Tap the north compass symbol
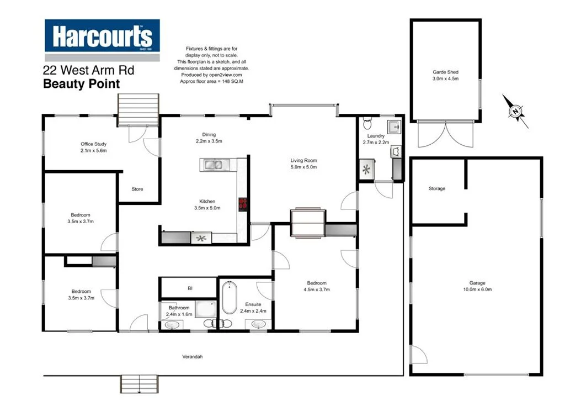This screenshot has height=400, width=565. pyautogui.click(x=515, y=112)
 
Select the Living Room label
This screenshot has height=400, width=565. pyautogui.click(x=303, y=161)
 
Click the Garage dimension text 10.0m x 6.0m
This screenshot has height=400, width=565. pyautogui.click(x=477, y=289)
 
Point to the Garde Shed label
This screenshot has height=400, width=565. pyautogui.click(x=445, y=72)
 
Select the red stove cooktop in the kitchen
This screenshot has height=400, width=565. pyautogui.click(x=242, y=204)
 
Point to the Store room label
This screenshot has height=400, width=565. pyautogui.click(x=137, y=189)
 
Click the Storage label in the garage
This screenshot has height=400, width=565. pyautogui.click(x=437, y=188)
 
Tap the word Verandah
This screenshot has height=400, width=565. pyautogui.click(x=193, y=357)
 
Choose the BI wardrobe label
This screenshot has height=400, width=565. pyautogui.click(x=190, y=288)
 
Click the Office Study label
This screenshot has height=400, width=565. pyautogui.click(x=93, y=144)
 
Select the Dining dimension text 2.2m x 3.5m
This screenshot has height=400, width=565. pyautogui.click(x=209, y=141)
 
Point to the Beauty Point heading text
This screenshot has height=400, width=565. pyautogui.click(x=81, y=84)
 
